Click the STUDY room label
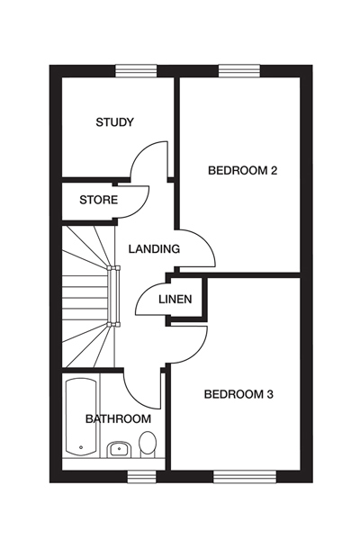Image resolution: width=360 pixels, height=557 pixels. pyautogui.click(x=114, y=122)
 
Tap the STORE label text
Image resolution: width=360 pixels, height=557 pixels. pyautogui.click(x=98, y=200)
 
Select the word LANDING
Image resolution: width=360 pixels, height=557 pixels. pyautogui.click(x=154, y=249)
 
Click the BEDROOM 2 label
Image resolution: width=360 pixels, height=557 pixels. pyautogui.click(x=242, y=170)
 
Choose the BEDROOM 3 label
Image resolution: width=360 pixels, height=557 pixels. pyautogui.click(x=238, y=393)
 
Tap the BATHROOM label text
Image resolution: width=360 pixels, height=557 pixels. pyautogui.click(x=118, y=419)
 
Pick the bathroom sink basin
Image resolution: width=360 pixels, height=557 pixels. pyautogui.click(x=118, y=449)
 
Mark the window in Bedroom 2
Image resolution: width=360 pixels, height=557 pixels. pyautogui.click(x=238, y=71)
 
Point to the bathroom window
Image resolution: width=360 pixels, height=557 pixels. pyautogui.click(x=139, y=475)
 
